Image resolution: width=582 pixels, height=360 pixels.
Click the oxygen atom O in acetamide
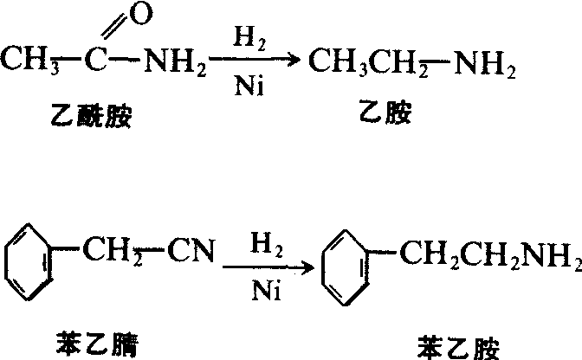(141, 14)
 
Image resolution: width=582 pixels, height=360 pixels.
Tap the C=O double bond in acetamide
(113, 27)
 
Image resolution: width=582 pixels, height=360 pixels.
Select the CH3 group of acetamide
(29, 60)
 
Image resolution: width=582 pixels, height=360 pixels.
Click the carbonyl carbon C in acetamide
(96, 60)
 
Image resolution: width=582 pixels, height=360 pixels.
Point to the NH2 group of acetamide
(175, 61)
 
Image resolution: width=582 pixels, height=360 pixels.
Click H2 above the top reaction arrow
(249, 39)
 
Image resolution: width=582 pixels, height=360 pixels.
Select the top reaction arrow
(254, 59)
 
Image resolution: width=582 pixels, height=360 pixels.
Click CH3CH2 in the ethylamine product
(368, 62)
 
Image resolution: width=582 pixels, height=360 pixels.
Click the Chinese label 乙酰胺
(91, 116)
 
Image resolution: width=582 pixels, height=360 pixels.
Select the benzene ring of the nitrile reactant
(28, 261)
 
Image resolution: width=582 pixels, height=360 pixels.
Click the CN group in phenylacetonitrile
(191, 251)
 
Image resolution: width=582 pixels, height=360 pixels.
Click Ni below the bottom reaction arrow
(267, 290)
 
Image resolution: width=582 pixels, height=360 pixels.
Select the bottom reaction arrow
(268, 267)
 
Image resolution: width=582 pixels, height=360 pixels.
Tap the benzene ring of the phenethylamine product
(345, 267)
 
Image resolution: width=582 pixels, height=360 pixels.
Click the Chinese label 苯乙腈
(97, 344)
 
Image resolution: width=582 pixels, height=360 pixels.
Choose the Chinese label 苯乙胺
(459, 348)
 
